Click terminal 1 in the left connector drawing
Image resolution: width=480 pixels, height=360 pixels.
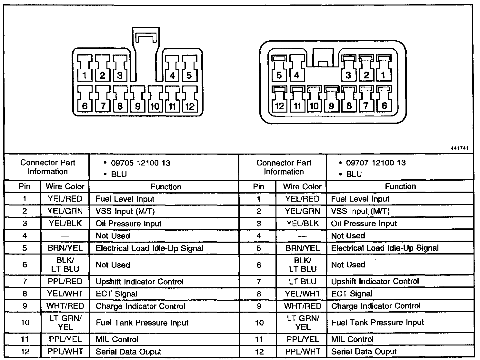(85, 68)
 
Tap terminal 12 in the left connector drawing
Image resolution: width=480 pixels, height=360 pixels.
(190, 98)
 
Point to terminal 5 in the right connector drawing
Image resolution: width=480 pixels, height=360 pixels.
(279, 68)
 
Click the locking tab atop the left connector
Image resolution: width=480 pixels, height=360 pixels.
(146, 39)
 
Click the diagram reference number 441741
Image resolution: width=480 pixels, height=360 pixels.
(459, 148)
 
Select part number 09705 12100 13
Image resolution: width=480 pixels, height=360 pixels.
(141, 163)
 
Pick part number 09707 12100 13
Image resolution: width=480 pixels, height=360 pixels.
(376, 163)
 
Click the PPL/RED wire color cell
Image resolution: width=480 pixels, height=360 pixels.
(65, 282)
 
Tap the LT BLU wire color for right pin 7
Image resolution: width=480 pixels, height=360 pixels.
(303, 282)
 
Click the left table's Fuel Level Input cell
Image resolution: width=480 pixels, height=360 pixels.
(125, 199)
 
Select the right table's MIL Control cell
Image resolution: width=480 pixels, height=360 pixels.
(352, 339)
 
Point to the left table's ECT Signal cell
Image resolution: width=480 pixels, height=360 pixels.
(116, 294)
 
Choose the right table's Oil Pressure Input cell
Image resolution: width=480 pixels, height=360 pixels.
(364, 224)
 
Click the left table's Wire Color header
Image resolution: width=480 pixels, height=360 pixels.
(65, 186)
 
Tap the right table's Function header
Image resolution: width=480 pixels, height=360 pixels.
(400, 186)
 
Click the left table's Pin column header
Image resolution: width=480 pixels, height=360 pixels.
(25, 186)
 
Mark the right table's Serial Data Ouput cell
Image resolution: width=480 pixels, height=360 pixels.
(364, 352)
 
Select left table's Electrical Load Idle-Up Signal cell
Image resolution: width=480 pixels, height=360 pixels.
(149, 248)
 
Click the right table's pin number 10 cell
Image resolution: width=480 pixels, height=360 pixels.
(259, 323)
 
